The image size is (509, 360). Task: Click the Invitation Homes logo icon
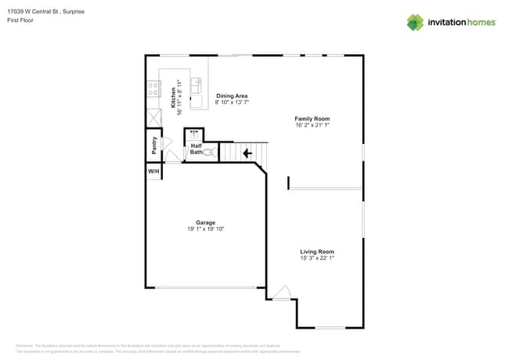point(415,22)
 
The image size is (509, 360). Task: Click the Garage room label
point(205,222)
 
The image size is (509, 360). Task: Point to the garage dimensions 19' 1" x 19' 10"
point(205,229)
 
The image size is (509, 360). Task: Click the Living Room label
point(316,251)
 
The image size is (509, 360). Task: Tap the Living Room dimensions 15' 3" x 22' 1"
point(316,258)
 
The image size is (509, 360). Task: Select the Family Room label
point(312,118)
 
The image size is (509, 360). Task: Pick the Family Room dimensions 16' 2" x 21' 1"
point(312,125)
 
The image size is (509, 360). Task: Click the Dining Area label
point(232,95)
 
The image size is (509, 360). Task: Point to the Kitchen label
point(173,97)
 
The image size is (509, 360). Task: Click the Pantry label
point(154,146)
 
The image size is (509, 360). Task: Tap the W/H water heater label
point(153,171)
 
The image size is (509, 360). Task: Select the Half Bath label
point(196,149)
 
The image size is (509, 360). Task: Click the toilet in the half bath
point(209,152)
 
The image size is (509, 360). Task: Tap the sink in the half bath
point(194,135)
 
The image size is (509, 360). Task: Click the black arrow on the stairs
point(248,153)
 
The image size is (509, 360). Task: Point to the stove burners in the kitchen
point(153,89)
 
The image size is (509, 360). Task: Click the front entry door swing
point(282,292)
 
